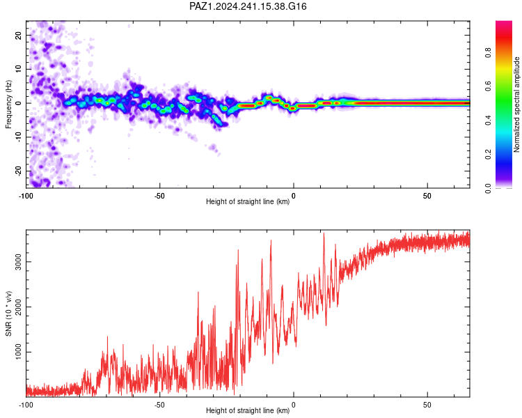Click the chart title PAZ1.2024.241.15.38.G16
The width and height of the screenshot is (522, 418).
pyautogui.click(x=248, y=6)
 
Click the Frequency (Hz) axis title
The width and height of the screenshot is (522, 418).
pyautogui.click(x=8, y=104)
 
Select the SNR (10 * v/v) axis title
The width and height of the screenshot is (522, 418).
pyautogui.click(x=8, y=313)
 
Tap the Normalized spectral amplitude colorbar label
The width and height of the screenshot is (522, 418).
pyautogui.click(x=516, y=104)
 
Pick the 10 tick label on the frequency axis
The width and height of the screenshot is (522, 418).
pyautogui.click(x=19, y=69)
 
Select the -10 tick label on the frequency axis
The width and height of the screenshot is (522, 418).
pyautogui.click(x=19, y=137)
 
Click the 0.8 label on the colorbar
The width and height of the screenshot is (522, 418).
pyautogui.click(x=488, y=53)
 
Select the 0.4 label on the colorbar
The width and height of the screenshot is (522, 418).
pyautogui.click(x=488, y=121)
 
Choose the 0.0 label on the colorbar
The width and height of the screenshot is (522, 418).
pyautogui.click(x=488, y=188)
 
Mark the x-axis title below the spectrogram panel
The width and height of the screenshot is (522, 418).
pyautogui.click(x=248, y=201)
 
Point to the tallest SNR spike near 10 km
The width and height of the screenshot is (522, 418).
pyautogui.click(x=324, y=233)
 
